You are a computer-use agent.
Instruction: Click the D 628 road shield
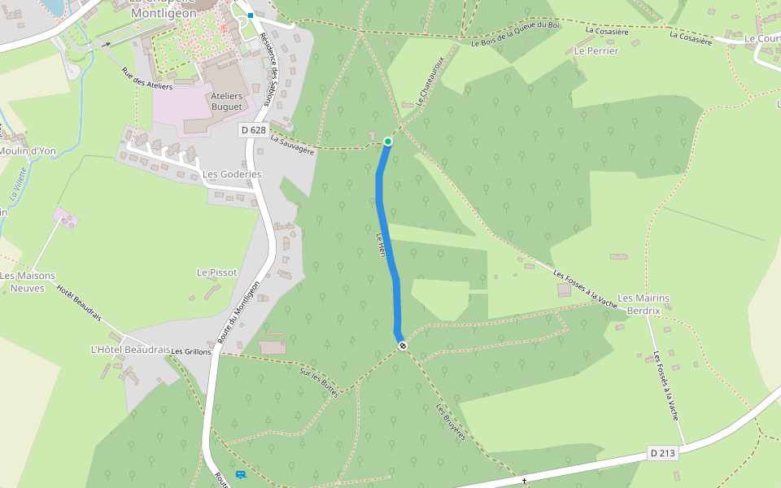click(x=254, y=130)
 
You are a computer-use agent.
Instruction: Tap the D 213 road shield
click(x=664, y=453)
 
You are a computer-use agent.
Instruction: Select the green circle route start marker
click(x=388, y=142)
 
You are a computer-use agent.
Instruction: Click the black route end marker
click(x=403, y=346)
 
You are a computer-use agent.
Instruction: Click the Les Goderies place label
click(x=232, y=174)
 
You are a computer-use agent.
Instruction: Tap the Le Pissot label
click(x=217, y=272)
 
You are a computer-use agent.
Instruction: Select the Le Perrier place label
click(x=596, y=50)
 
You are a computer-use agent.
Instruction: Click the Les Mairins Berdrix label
click(x=644, y=304)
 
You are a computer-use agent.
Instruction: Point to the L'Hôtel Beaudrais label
click(x=130, y=350)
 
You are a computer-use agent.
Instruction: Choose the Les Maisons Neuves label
click(x=28, y=281)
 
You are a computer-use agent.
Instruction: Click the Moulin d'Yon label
click(x=28, y=151)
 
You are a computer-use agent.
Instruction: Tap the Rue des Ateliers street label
click(x=147, y=80)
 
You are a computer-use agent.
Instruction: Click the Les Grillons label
click(x=191, y=351)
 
